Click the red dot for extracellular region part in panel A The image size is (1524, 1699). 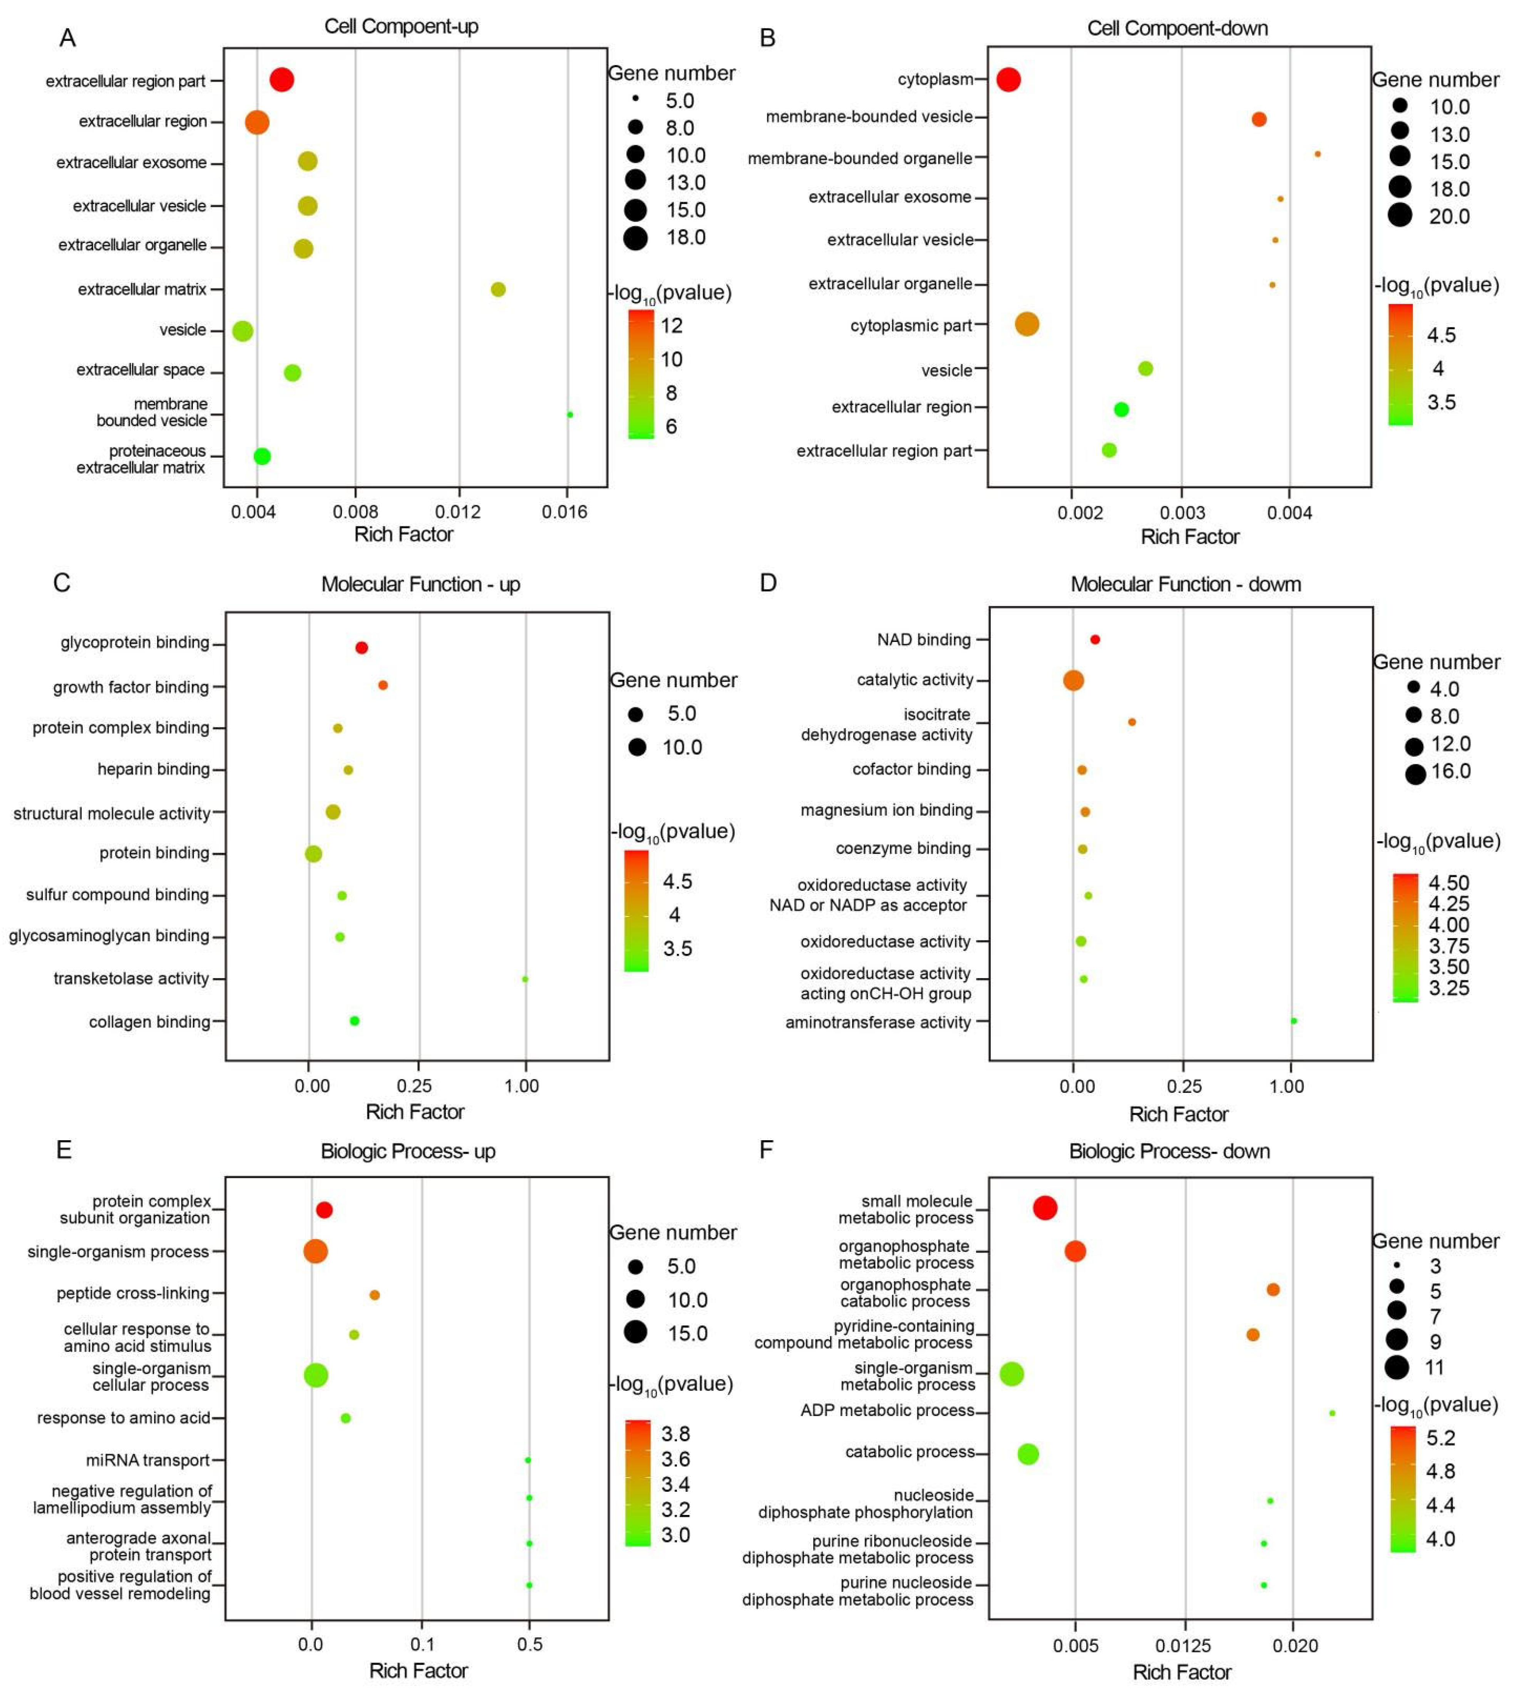[282, 80]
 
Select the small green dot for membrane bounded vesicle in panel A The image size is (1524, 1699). [570, 414]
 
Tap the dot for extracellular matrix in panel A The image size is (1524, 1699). [498, 290]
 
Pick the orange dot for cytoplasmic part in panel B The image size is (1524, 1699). [1027, 324]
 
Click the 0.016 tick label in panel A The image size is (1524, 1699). [564, 512]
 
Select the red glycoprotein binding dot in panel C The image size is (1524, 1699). [362, 647]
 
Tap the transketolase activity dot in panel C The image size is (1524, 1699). [525, 979]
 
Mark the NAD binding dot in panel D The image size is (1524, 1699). [1095, 640]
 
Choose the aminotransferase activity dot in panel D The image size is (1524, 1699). [1294, 1021]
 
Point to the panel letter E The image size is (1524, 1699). [64, 1150]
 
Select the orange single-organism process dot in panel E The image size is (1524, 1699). [316, 1252]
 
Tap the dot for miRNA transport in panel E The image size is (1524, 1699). [528, 1460]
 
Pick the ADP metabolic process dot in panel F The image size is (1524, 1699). [1332, 1414]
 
